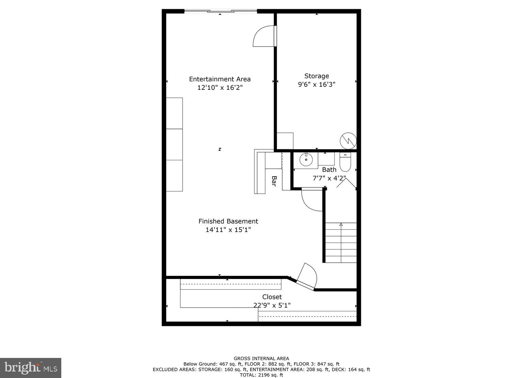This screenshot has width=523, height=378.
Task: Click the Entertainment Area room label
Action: tap(220, 79)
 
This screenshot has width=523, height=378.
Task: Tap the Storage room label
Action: tap(316, 76)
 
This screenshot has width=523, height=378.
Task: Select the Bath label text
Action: tap(329, 169)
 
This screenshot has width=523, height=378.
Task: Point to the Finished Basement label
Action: tap(228, 221)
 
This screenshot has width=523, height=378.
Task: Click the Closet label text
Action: tap(272, 297)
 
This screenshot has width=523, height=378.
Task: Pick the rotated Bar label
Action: tap(274, 181)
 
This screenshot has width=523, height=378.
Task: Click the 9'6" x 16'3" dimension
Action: tap(316, 84)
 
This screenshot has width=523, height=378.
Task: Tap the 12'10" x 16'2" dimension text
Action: tap(220, 88)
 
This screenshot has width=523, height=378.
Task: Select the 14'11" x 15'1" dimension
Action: tap(228, 230)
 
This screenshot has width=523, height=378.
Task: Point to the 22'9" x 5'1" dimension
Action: tap(272, 305)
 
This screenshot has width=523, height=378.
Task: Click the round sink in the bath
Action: tap(306, 159)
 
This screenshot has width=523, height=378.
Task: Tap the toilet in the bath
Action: tap(345, 162)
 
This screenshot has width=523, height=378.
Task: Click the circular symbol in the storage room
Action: tap(348, 141)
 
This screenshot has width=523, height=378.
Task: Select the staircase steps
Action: tap(341, 242)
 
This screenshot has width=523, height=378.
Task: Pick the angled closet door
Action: tap(306, 276)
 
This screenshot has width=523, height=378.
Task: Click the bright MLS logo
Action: tap(31, 368)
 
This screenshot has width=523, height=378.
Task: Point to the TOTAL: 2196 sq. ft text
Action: tap(261, 375)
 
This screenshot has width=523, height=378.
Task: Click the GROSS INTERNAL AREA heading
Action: tap(261, 358)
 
